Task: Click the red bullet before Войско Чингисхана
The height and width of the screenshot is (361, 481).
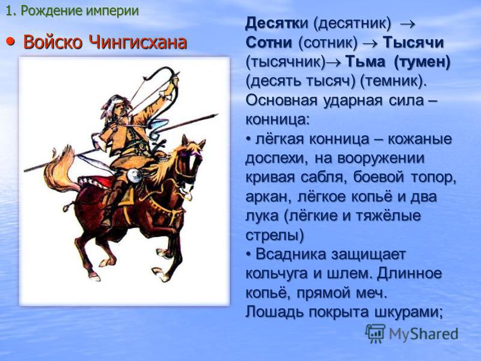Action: click(x=10, y=41)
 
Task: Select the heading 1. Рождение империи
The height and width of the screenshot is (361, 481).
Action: click(x=72, y=11)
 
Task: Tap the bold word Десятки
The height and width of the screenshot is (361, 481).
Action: click(x=277, y=23)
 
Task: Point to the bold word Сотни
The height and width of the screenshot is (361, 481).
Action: click(x=269, y=42)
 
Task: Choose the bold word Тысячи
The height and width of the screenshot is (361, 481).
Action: click(x=413, y=42)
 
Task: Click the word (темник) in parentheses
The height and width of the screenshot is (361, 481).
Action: click(x=391, y=81)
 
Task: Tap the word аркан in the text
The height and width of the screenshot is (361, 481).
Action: click(x=268, y=197)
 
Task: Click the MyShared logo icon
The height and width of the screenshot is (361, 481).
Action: click(x=375, y=333)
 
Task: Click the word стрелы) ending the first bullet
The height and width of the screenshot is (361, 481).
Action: click(x=275, y=235)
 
